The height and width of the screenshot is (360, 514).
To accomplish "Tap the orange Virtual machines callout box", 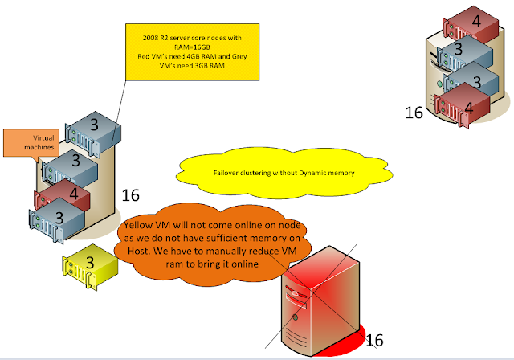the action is pos(31,143).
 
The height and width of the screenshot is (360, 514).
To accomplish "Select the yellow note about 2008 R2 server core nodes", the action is pos(193,52).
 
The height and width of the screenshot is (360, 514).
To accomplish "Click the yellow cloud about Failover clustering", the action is pos(284,173).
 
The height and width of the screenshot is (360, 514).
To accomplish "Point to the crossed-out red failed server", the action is pos(321,301).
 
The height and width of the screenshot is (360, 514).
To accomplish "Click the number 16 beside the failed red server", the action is pos(374,340).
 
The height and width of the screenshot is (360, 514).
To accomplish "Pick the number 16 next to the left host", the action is pos(130,195).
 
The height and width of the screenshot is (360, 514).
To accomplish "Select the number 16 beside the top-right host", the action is pos(414,112).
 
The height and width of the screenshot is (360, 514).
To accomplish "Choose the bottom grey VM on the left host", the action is pos(56,220).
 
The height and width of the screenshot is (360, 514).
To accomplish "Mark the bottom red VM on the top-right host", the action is pos(462,105).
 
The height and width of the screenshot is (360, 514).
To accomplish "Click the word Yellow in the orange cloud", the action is pos(138,225).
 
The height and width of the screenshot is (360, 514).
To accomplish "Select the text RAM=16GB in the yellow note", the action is pos(192,47).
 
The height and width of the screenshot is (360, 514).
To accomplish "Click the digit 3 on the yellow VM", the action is pos(90,262).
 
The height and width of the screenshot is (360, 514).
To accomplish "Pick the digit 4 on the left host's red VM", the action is pos(74,194).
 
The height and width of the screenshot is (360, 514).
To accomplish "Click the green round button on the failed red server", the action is pos(295,317).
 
